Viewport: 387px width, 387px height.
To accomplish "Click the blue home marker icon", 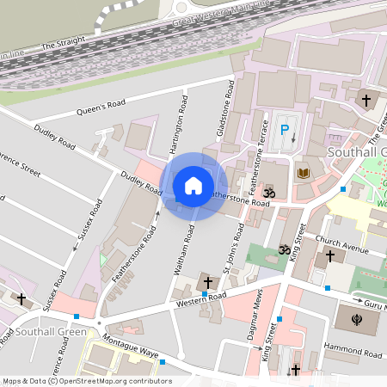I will coord(193,185).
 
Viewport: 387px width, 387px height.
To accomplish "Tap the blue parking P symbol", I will coord(285,131).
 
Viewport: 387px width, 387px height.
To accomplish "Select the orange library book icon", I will coord(303,174).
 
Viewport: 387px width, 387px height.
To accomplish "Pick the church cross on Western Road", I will coord(206,283).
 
